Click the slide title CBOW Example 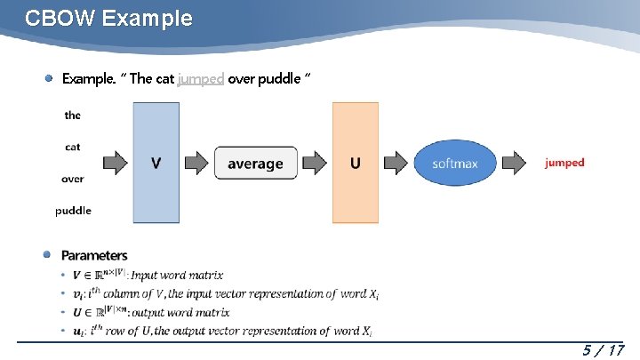(x=108, y=19)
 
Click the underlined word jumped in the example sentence (x=200, y=78)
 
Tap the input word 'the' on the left (x=73, y=115)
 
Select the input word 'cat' (x=73, y=147)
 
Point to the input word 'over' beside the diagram (x=73, y=179)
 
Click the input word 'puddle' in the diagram (x=73, y=211)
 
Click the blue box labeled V (x=156, y=163)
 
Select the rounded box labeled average (x=255, y=163)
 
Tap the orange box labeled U (x=356, y=163)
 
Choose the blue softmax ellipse (x=455, y=163)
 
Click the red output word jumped (x=564, y=163)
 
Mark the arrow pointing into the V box (x=116, y=163)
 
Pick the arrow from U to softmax (x=396, y=163)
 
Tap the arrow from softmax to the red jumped (x=514, y=163)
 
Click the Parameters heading (x=94, y=256)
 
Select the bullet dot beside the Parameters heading (x=49, y=255)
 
